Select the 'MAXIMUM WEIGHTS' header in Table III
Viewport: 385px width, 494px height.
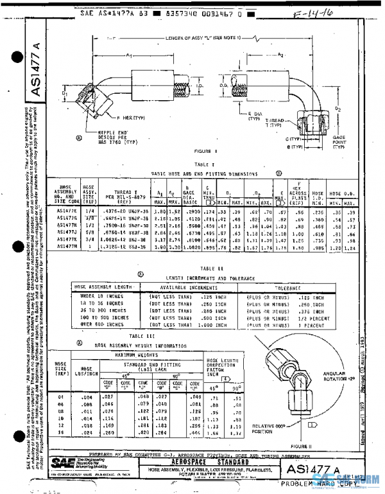click(136, 355)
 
